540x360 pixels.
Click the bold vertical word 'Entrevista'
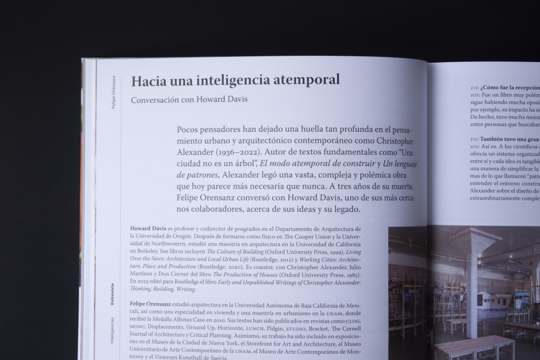[x=112, y=295]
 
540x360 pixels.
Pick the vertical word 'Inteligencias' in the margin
[x=112, y=330]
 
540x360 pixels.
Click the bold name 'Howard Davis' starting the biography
[x=148, y=229]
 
